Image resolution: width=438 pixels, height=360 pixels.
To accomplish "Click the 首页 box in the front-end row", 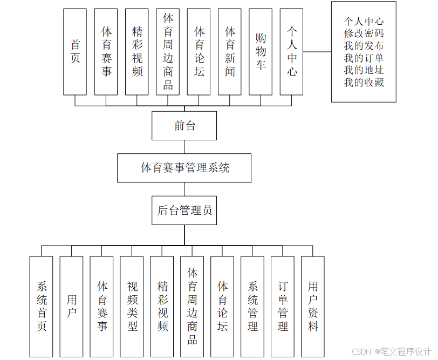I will pyautogui.click(x=75, y=52).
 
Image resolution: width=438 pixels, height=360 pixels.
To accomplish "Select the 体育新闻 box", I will pyautogui.click(x=230, y=52).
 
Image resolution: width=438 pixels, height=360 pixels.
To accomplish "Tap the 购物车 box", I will pyautogui.click(x=261, y=52).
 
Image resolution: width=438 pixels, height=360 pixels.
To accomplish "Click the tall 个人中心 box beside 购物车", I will pyautogui.click(x=292, y=52).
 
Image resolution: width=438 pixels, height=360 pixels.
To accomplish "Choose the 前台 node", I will pyautogui.click(x=184, y=126).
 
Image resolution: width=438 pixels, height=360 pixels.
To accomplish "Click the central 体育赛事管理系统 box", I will pyautogui.click(x=184, y=168).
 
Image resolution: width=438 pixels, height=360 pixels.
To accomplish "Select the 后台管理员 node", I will pyautogui.click(x=184, y=210).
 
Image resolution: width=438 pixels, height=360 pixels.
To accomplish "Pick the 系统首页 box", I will pyautogui.click(x=42, y=306).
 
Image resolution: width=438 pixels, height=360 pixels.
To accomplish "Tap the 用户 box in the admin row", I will pyautogui.click(x=72, y=306).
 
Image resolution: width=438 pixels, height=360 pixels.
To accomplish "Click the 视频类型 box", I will pyautogui.click(x=132, y=306).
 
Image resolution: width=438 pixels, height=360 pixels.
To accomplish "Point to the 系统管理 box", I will pyautogui.click(x=252, y=306).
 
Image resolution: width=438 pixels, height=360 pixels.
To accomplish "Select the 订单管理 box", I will pyautogui.click(x=283, y=306).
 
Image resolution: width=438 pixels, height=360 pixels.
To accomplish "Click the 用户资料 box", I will pyautogui.click(x=313, y=306).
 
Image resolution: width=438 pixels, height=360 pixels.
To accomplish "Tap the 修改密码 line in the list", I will pyautogui.click(x=364, y=33).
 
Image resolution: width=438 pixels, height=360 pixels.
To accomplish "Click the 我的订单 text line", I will pyautogui.click(x=364, y=58).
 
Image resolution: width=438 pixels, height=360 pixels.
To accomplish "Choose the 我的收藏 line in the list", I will pyautogui.click(x=364, y=83).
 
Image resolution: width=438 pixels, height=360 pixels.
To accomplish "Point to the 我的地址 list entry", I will pyautogui.click(x=364, y=70).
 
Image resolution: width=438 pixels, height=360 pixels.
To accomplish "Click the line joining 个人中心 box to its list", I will pyautogui.click(x=318, y=52).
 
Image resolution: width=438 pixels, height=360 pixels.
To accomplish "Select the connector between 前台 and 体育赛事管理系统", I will pyautogui.click(x=184, y=147).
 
